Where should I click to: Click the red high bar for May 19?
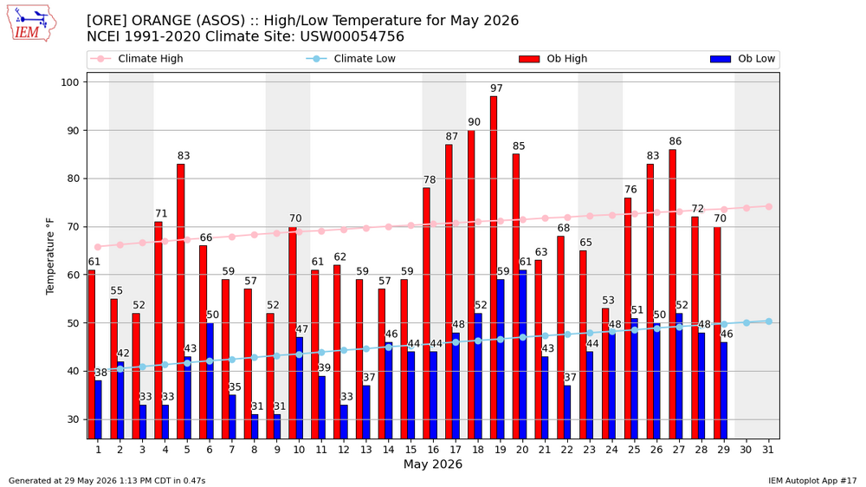tap(494, 268)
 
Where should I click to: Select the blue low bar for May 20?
tap(522, 354)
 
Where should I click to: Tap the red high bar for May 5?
tap(181, 302)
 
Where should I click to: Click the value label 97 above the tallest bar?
tap(496, 88)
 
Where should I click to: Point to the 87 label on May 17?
tap(452, 137)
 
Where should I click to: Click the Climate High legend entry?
tap(137, 59)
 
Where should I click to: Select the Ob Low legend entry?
tap(743, 59)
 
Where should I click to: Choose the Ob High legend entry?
tap(553, 59)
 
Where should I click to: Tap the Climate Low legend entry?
tap(352, 59)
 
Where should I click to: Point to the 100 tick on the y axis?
tap(70, 82)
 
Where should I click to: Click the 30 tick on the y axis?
tap(74, 419)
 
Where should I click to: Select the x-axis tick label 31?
tap(768, 450)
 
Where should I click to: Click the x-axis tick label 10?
tap(299, 450)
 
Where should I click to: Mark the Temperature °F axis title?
tap(50, 256)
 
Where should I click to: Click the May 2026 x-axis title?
tap(433, 464)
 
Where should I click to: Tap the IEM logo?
tap(31, 23)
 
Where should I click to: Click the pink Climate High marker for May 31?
tap(768, 207)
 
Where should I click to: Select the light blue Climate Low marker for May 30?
tap(746, 322)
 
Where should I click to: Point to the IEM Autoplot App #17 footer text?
tap(812, 481)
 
